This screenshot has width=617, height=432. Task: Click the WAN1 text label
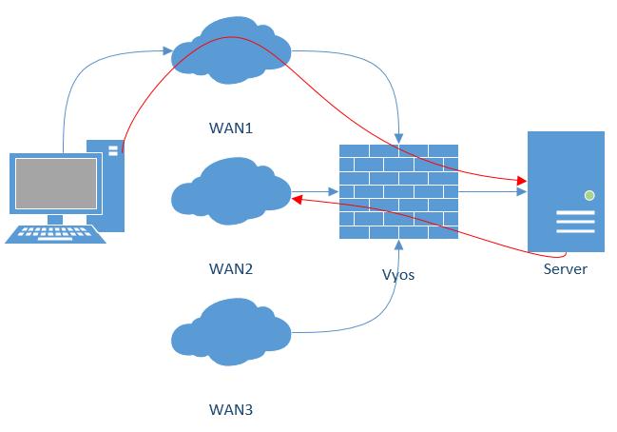pyautogui.click(x=230, y=127)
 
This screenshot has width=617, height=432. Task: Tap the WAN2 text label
pyautogui.click(x=230, y=268)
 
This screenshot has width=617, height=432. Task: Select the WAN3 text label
pyautogui.click(x=230, y=410)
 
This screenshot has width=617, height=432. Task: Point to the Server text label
pyautogui.click(x=565, y=268)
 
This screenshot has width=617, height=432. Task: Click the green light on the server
pyautogui.click(x=589, y=195)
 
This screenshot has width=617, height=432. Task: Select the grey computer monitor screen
pyautogui.click(x=55, y=184)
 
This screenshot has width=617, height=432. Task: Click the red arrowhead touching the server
pyautogui.click(x=522, y=180)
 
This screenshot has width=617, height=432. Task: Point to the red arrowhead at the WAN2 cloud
pyautogui.click(x=297, y=199)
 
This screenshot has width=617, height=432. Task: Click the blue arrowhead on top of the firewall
pyautogui.click(x=399, y=138)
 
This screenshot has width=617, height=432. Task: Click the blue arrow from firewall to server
pyautogui.click(x=494, y=191)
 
